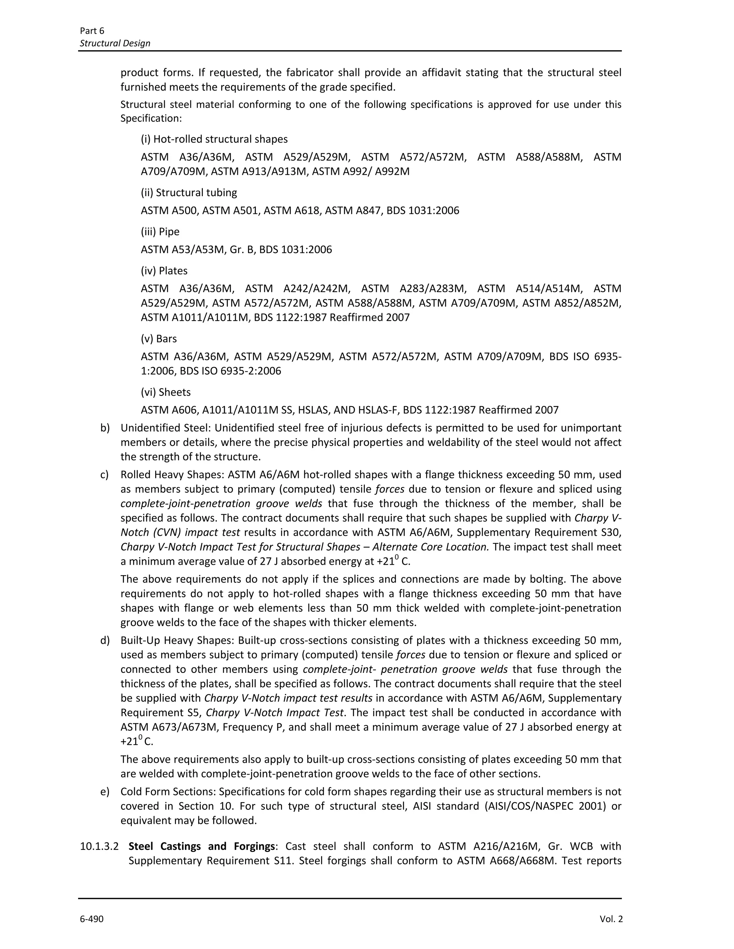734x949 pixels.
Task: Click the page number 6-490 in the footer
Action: click(91, 919)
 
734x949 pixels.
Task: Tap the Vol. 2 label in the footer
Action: click(611, 919)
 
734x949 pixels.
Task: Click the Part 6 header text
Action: click(92, 30)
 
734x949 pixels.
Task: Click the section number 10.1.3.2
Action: click(99, 846)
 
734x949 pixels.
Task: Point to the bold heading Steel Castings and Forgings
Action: click(202, 846)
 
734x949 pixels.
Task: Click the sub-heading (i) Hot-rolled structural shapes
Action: click(214, 139)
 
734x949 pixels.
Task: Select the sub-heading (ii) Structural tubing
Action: click(189, 193)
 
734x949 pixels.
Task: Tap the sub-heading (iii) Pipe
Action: click(160, 232)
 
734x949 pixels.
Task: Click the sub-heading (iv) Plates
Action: click(164, 271)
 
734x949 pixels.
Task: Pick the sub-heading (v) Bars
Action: click(159, 338)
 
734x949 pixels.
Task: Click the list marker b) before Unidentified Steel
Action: click(105, 428)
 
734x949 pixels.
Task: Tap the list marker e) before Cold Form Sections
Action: click(105, 792)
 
